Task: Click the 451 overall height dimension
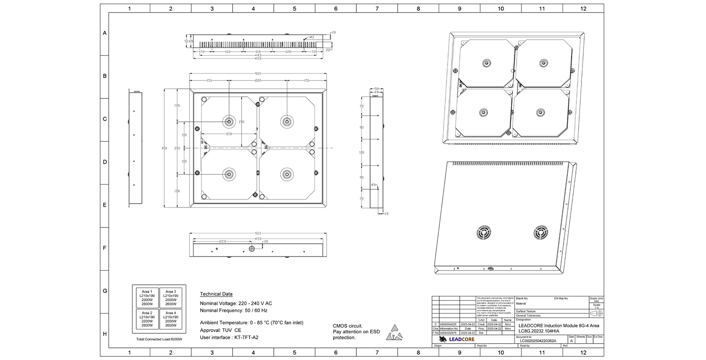click(x=164, y=148)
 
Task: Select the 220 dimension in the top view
click(x=258, y=81)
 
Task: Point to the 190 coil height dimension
click(x=242, y=122)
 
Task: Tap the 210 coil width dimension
click(x=229, y=134)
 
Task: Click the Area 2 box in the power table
click(x=147, y=319)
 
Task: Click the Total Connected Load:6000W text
click(x=159, y=339)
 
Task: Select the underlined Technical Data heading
click(x=216, y=294)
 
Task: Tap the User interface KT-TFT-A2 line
click(x=229, y=337)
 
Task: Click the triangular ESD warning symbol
click(x=394, y=332)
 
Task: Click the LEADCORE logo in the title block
click(x=457, y=339)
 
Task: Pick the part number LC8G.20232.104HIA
click(x=546, y=331)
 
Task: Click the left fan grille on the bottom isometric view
click(x=484, y=232)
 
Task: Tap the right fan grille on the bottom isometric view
click(x=540, y=232)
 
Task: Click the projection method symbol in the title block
click(x=596, y=313)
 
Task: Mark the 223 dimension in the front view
click(x=222, y=242)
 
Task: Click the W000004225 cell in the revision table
click(x=449, y=324)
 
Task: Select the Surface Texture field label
click(x=526, y=311)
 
